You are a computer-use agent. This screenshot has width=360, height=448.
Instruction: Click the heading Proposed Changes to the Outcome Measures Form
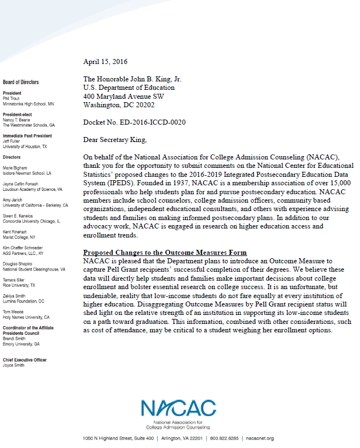(165, 252)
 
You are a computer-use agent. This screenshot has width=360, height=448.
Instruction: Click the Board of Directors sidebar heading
(21, 82)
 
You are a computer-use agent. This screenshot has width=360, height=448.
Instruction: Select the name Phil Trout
(11, 98)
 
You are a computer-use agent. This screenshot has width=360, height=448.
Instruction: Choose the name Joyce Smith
(13, 365)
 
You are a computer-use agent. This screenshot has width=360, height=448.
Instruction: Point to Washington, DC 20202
(119, 104)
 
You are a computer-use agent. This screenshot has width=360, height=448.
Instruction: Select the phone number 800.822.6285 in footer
(225, 438)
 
